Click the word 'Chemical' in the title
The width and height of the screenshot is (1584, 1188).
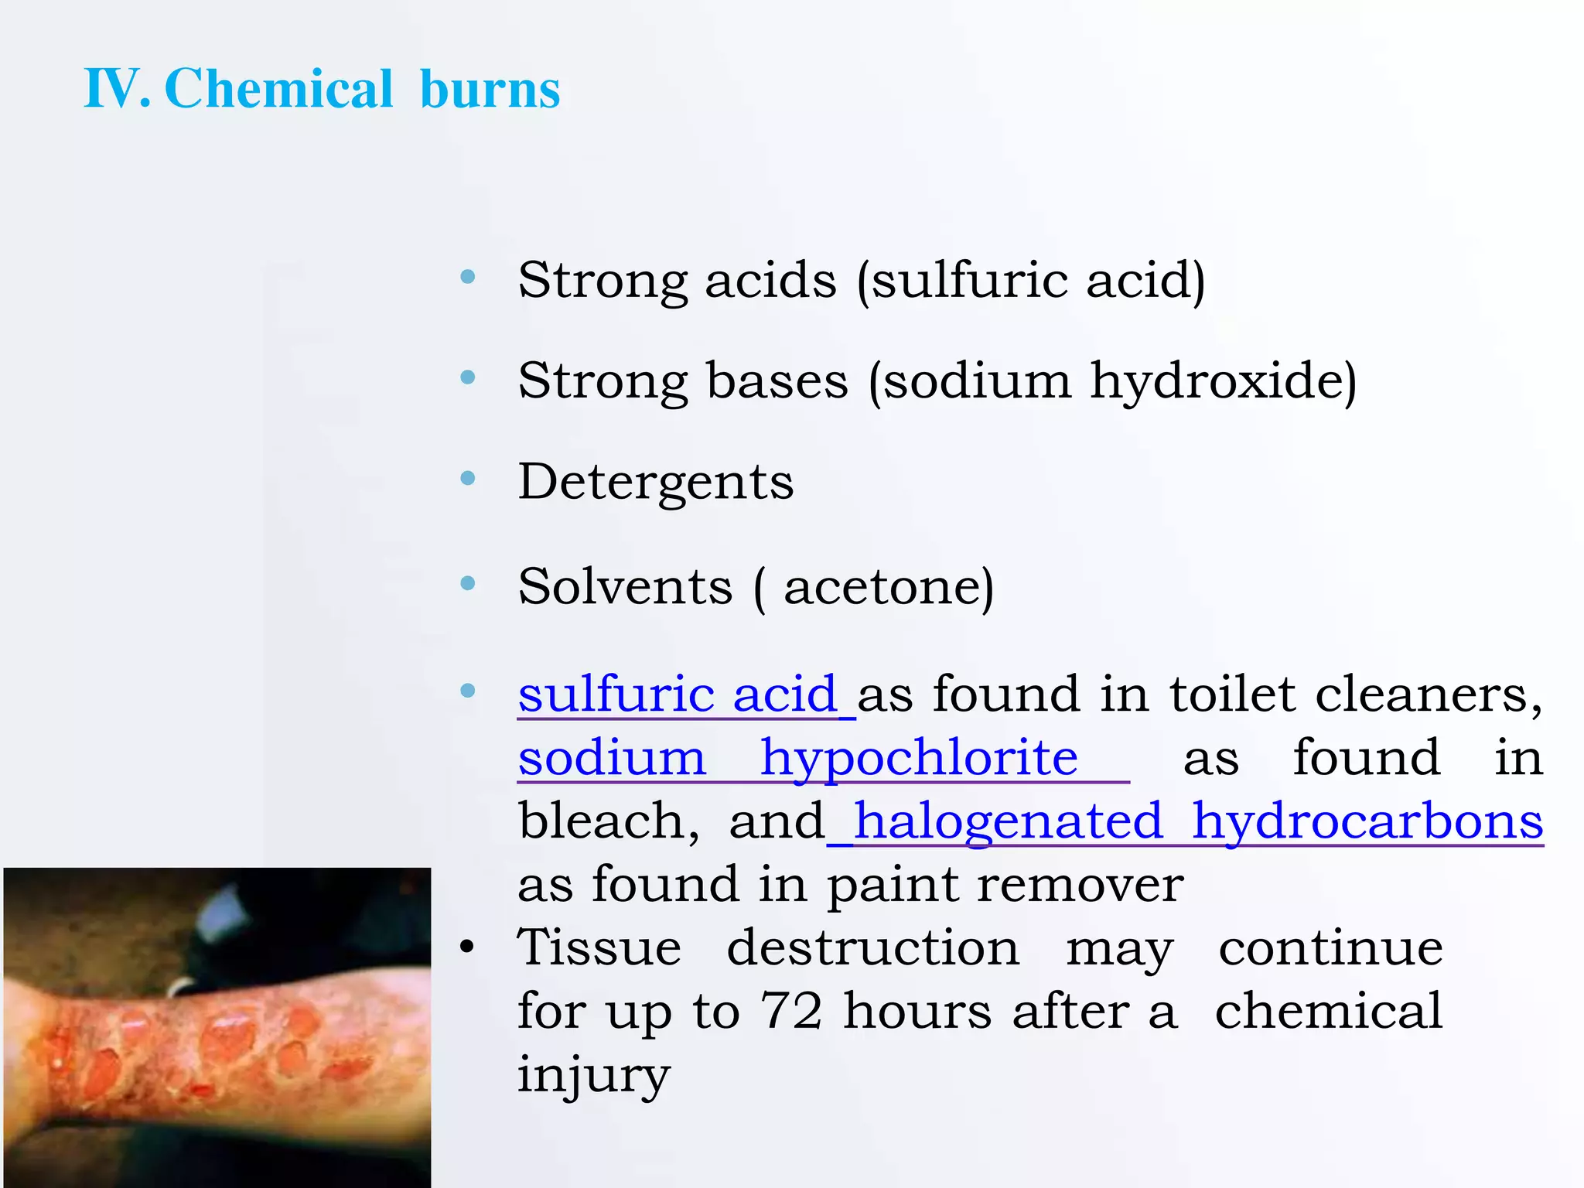[x=279, y=89]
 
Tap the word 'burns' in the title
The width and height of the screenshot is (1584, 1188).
[x=490, y=89]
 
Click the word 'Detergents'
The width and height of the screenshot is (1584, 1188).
[x=655, y=483]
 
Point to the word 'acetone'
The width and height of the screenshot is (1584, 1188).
[x=882, y=588]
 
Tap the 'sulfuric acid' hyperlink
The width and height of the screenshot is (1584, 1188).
[x=678, y=694]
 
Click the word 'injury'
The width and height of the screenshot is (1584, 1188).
[x=593, y=1075]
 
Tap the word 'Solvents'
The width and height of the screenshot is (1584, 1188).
[x=625, y=587]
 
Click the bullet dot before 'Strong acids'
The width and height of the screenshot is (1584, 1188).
[x=467, y=277]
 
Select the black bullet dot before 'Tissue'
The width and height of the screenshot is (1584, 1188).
[x=466, y=947]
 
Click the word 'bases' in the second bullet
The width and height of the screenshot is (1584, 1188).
[x=777, y=381]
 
